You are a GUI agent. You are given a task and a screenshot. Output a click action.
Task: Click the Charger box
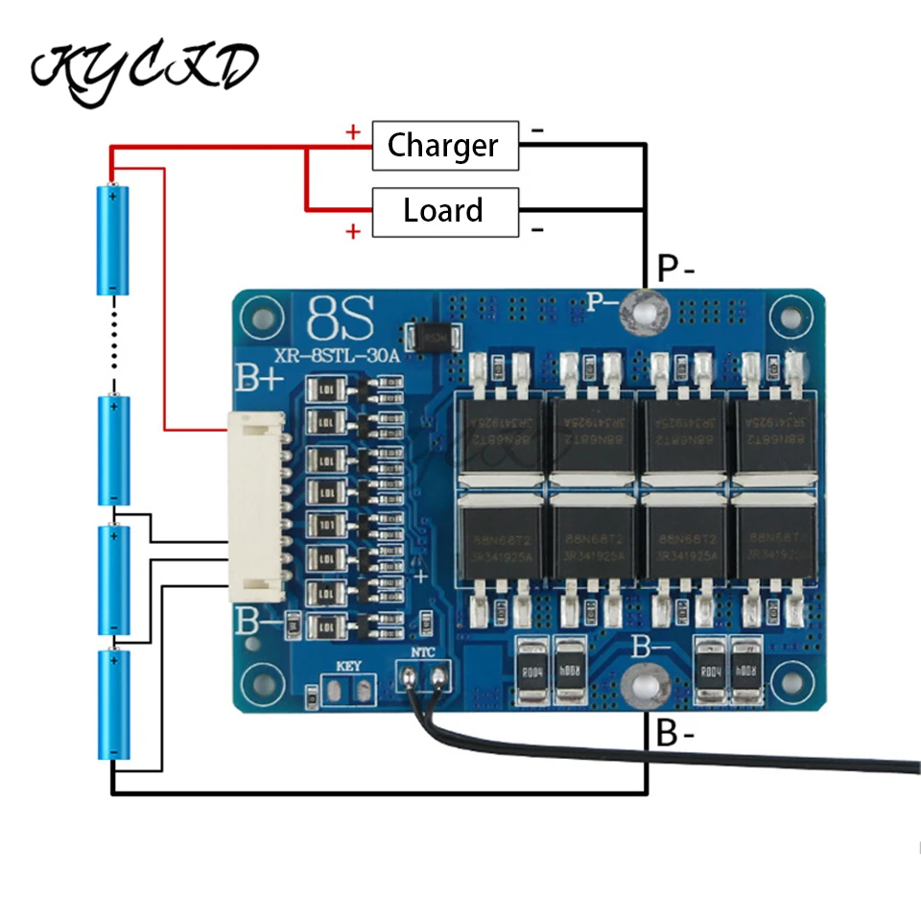pos(444,146)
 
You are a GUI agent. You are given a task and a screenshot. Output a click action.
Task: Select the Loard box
pos(444,211)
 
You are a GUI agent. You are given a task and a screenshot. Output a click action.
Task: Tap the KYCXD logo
pos(144,67)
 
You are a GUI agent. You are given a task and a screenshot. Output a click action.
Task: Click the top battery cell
pos(113,240)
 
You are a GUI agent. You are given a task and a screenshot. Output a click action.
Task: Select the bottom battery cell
pos(113,705)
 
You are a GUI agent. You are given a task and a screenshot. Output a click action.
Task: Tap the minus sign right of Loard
pos(537,229)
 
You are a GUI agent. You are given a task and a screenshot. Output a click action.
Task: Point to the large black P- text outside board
pos(675,267)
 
